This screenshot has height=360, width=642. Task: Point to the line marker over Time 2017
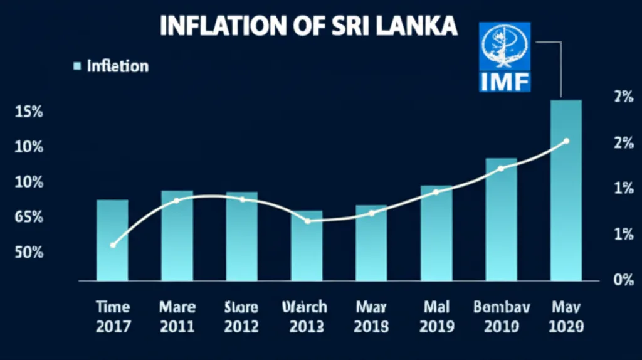coord(113,245)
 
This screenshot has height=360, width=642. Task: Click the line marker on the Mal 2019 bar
coord(436,192)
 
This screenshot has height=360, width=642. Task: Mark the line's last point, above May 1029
coord(566,141)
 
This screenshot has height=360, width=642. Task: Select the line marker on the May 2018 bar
coord(371,213)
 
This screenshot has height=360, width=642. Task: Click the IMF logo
coord(505,57)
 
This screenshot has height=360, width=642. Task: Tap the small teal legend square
coord(78,66)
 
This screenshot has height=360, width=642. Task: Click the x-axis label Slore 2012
coord(241,317)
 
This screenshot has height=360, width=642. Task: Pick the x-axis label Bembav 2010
coord(501,317)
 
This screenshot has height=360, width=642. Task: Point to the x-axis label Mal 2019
coord(436,317)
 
